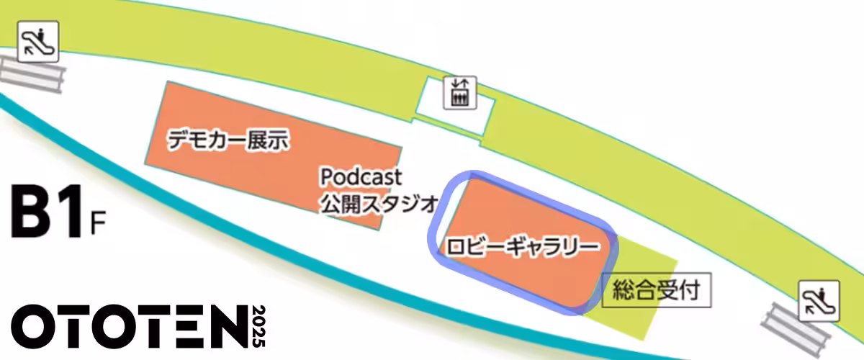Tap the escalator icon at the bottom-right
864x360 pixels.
(820, 301)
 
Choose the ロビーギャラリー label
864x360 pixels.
(523, 246)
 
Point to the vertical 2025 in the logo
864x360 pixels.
(260, 327)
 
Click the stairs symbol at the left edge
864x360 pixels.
(29, 73)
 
